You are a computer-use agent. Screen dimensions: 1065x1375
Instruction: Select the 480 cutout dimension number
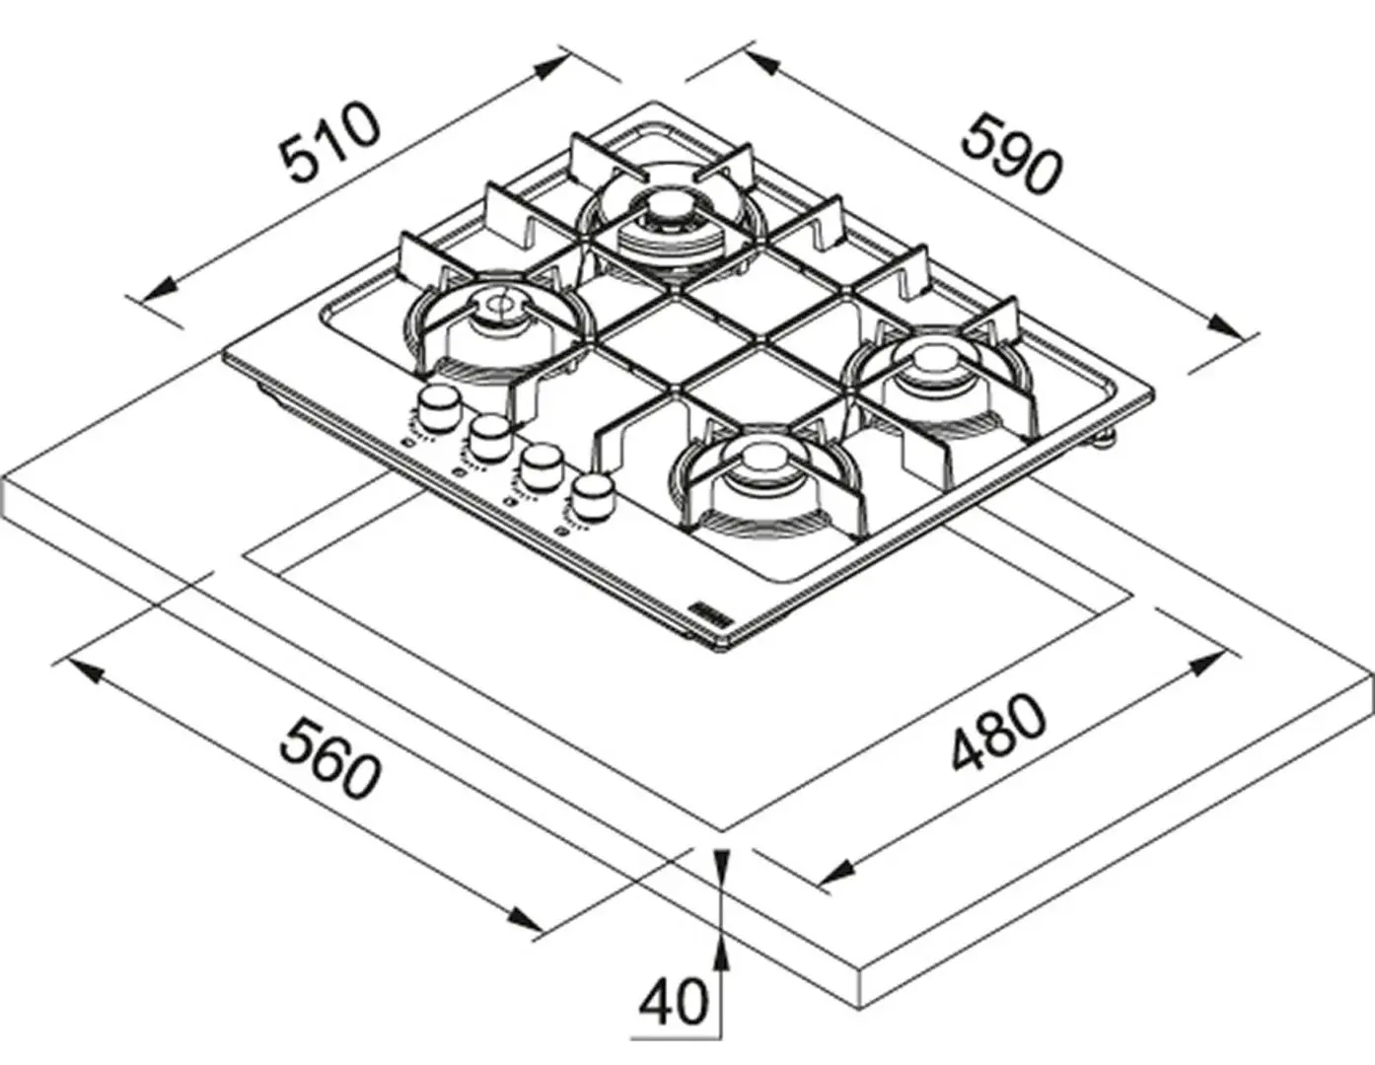click(997, 733)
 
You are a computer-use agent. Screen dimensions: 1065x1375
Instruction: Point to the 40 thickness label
click(674, 1002)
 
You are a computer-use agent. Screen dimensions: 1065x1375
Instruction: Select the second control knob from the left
click(489, 435)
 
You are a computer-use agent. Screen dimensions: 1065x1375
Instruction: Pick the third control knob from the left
click(540, 464)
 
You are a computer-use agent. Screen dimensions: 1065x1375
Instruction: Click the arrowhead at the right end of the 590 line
click(1223, 326)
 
